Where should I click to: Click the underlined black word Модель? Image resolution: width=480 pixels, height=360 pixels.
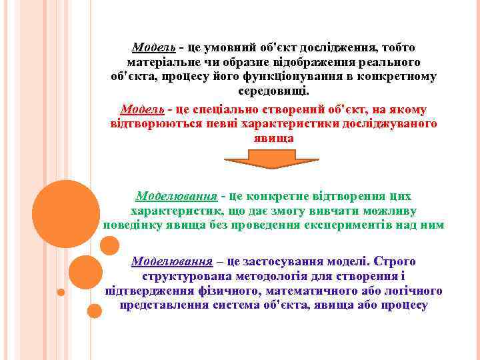pyautogui.click(x=154, y=47)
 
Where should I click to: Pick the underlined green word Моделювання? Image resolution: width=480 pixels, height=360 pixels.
pyautogui.click(x=177, y=197)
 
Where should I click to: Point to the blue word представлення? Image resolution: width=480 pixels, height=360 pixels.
pyautogui.click(x=161, y=305)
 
